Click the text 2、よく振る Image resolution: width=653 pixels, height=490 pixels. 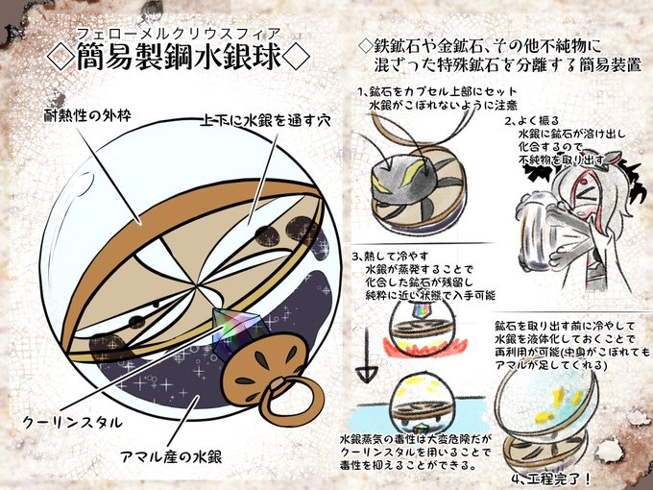tap(537, 122)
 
